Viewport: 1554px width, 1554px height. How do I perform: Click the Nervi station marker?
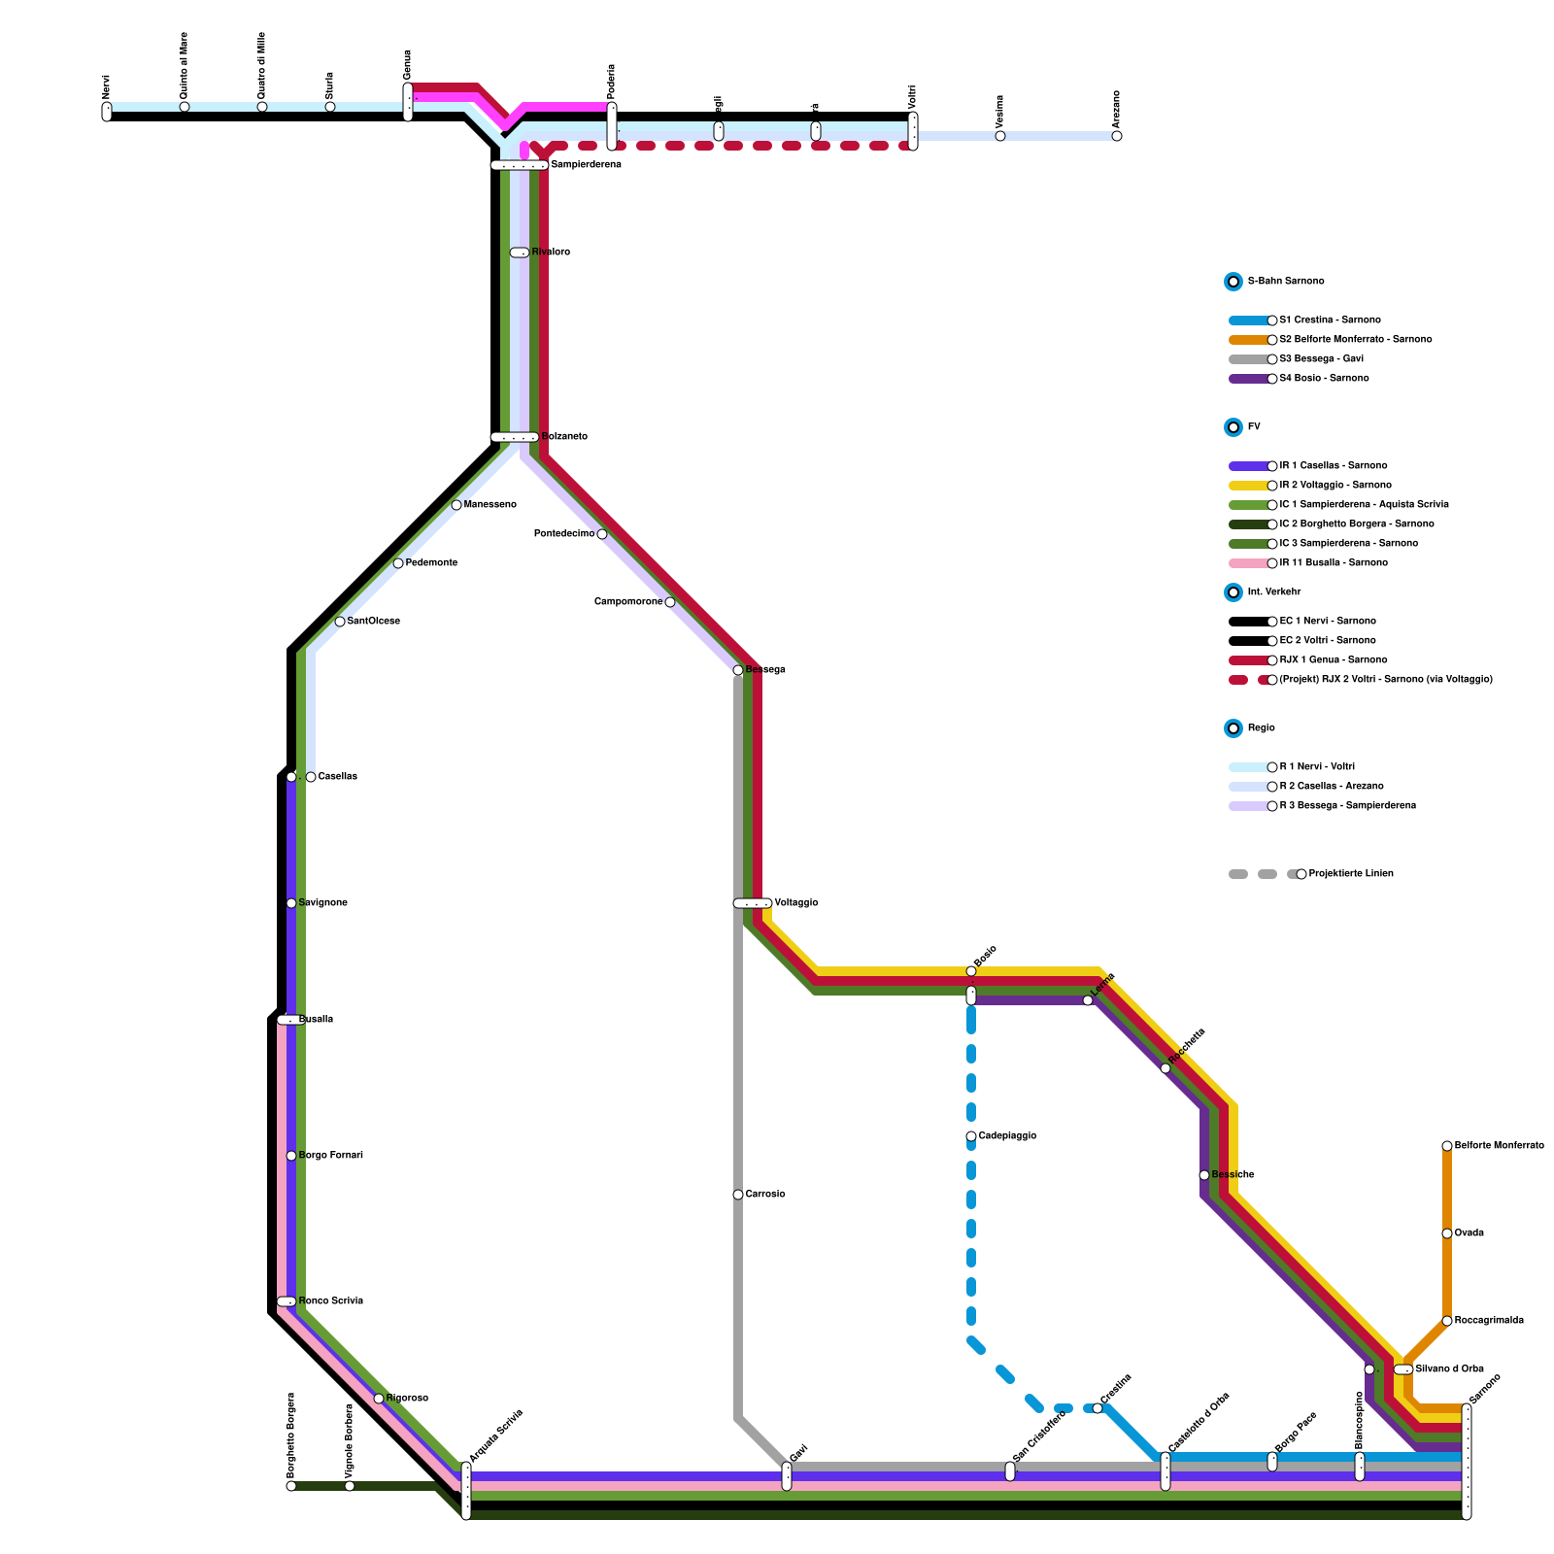[x=107, y=112]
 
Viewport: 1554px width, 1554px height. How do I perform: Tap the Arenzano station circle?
[x=1117, y=136]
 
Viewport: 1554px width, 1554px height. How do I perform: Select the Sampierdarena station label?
[x=586, y=165]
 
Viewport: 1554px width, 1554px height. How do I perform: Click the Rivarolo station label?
[x=551, y=253]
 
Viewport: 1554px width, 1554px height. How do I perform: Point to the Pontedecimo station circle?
[x=602, y=534]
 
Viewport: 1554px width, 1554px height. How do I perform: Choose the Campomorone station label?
[x=628, y=602]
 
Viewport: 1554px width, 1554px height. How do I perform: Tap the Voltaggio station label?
[x=796, y=903]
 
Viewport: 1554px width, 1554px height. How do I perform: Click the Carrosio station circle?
[x=738, y=1195]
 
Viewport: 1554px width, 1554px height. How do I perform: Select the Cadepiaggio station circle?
[x=971, y=1136]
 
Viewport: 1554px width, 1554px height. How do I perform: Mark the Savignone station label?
[x=323, y=903]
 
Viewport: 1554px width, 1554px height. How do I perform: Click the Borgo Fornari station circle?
[x=291, y=1156]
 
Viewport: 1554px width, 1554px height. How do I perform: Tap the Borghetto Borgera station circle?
[x=291, y=1486]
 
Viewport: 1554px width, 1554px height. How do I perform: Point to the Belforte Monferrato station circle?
[x=1447, y=1146]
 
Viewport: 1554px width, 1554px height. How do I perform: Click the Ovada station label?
[x=1470, y=1233]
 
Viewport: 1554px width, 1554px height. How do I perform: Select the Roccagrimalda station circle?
[x=1447, y=1321]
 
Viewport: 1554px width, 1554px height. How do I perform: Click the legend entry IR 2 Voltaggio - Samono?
[x=1335, y=486]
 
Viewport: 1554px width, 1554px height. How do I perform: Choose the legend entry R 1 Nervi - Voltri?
[x=1317, y=767]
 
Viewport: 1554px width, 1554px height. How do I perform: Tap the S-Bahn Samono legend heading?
[x=1286, y=282]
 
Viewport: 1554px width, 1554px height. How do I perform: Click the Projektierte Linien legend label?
[x=1351, y=874]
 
